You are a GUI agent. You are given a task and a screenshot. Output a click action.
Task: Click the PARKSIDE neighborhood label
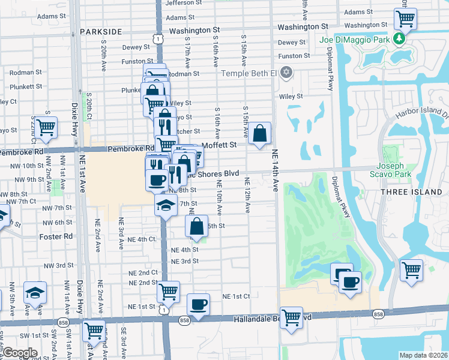(x=100, y=31)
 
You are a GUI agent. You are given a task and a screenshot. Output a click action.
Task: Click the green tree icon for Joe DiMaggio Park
(x=398, y=40)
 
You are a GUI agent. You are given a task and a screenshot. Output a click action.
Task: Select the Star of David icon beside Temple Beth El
(x=286, y=73)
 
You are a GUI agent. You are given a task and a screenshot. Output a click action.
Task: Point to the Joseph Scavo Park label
(x=394, y=171)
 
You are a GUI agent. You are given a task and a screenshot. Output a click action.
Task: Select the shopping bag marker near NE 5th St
(x=197, y=226)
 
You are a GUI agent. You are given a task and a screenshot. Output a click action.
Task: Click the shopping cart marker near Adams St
(x=406, y=18)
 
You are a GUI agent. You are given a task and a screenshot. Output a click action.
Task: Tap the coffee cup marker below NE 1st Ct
(x=197, y=304)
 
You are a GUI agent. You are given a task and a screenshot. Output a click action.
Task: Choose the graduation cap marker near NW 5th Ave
(x=35, y=293)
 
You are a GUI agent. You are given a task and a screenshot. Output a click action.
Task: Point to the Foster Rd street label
(x=55, y=236)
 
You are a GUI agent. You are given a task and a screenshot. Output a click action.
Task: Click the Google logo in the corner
(x=19, y=353)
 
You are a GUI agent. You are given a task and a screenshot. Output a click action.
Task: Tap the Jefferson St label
(x=180, y=3)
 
